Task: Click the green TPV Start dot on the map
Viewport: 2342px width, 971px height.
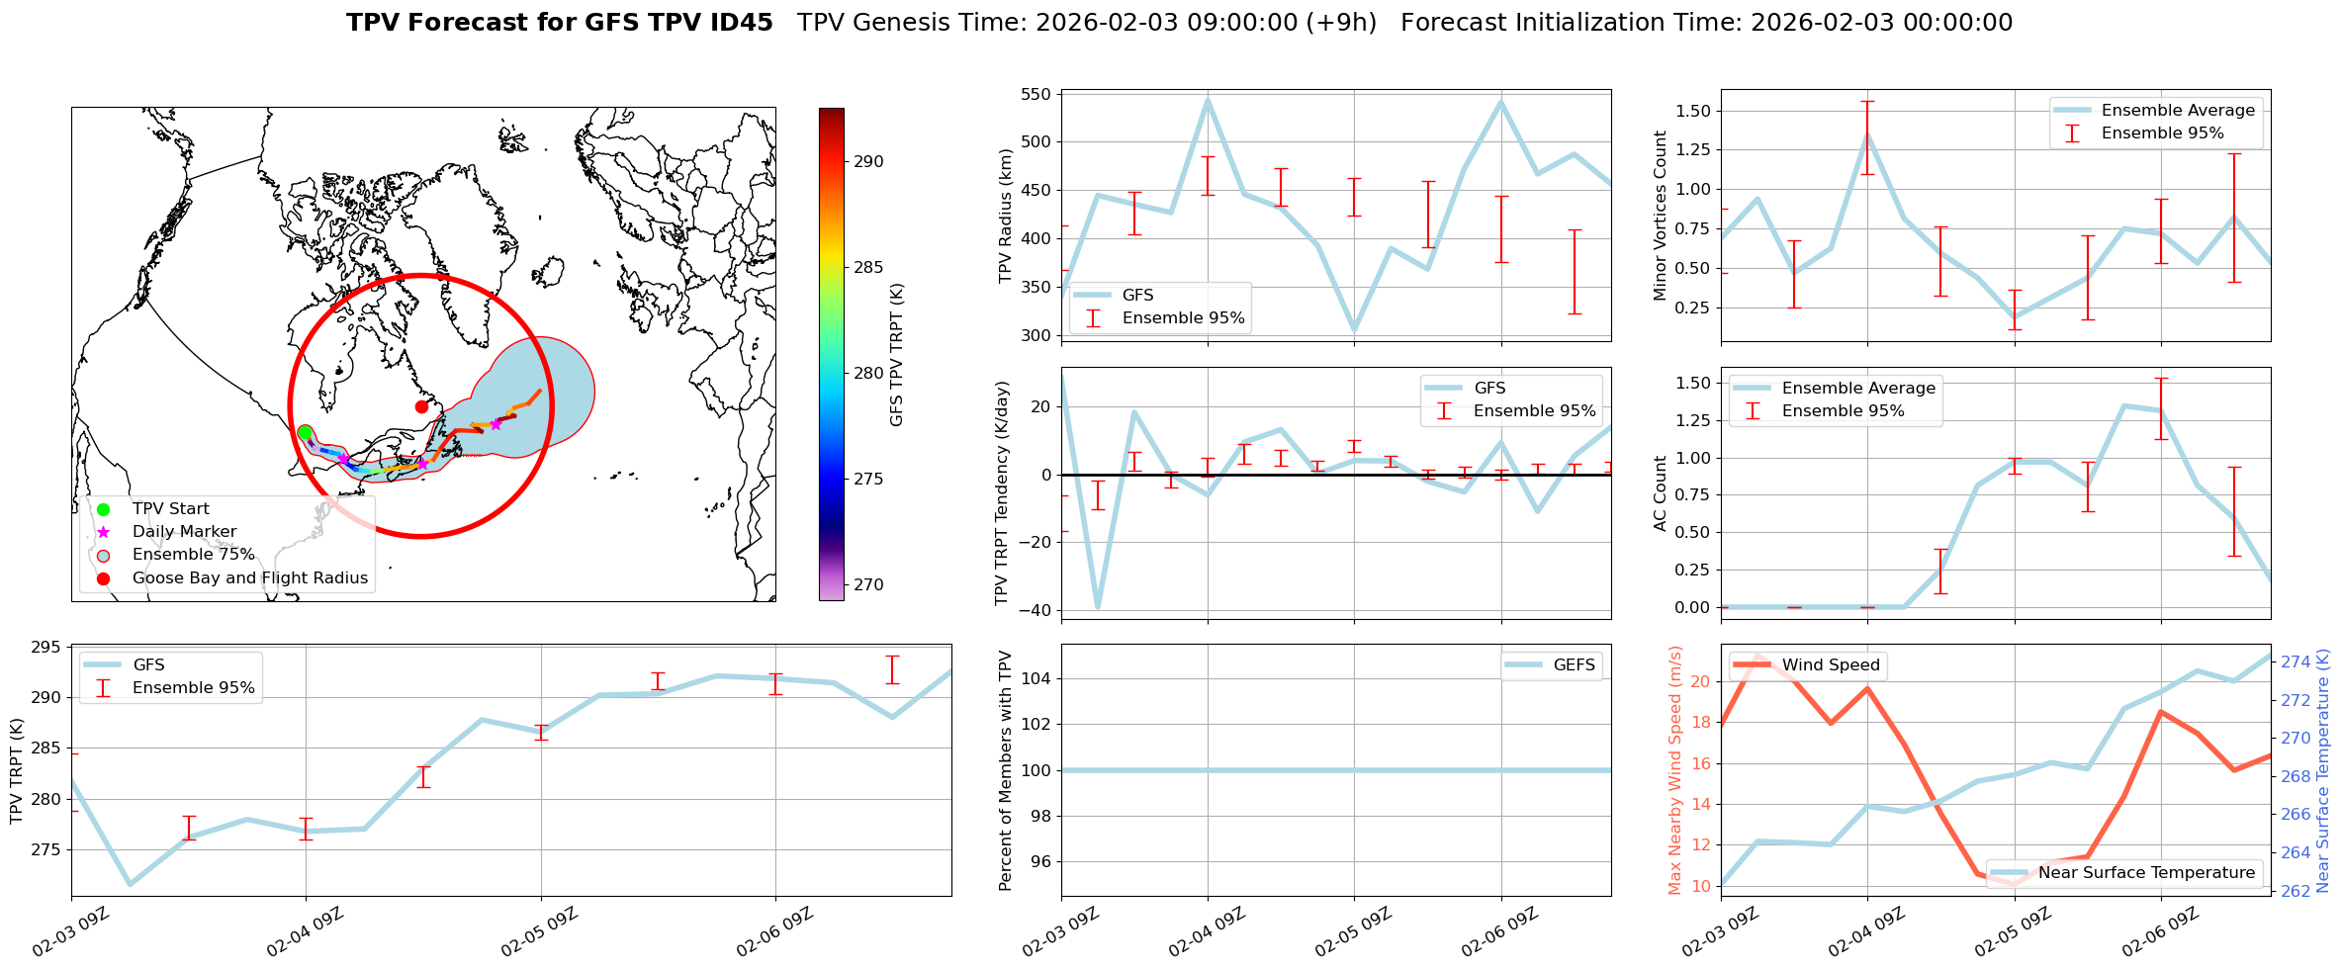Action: (305, 433)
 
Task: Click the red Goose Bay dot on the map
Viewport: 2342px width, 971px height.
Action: (421, 406)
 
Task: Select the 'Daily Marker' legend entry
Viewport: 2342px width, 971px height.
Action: (184, 532)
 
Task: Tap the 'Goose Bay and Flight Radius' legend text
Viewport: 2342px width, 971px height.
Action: (249, 578)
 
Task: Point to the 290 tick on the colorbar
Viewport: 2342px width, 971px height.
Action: (868, 162)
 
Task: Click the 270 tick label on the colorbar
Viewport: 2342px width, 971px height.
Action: (868, 585)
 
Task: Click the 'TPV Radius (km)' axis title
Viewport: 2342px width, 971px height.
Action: (1006, 216)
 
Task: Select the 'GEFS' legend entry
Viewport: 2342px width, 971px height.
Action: (1574, 665)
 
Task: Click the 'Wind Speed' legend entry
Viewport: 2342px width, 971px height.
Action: (1830, 665)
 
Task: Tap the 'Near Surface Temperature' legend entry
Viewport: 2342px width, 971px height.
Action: (2146, 873)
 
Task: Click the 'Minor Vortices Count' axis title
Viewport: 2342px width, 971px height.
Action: (1661, 216)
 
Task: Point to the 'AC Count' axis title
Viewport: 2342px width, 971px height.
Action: (1661, 493)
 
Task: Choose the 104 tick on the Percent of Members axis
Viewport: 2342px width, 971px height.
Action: (1041, 678)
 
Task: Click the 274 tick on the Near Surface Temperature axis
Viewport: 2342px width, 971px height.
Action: (2296, 662)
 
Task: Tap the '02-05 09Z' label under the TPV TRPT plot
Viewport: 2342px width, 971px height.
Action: (539, 931)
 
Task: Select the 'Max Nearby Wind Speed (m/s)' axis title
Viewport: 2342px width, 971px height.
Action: (1675, 770)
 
